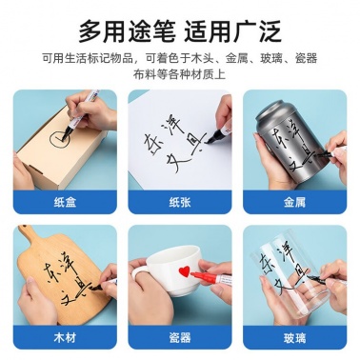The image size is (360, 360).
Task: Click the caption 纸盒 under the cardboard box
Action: tap(65, 202)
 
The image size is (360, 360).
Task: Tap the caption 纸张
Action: tap(180, 202)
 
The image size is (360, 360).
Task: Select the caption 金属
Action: tap(294, 202)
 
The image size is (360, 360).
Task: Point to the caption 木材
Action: tap(65, 337)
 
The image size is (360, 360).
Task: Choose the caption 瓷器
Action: tap(180, 337)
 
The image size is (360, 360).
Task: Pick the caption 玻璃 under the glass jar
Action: tap(294, 337)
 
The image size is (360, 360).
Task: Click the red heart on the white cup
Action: tap(184, 270)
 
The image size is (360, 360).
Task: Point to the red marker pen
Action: tap(211, 276)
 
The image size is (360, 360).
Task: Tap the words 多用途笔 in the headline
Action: tap(127, 31)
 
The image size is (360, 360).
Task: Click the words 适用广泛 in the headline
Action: tap(232, 31)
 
